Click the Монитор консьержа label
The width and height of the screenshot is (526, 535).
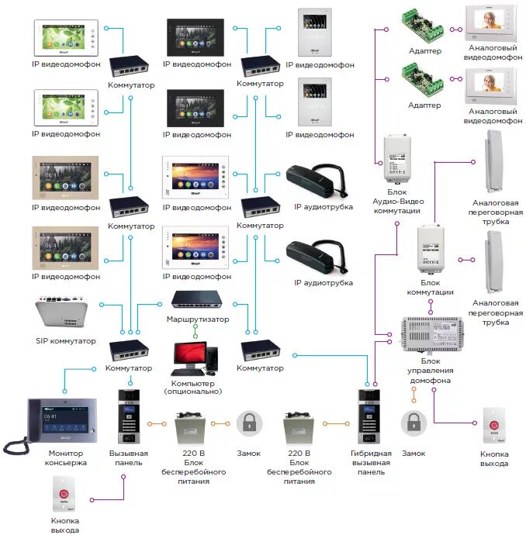click(67, 457)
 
